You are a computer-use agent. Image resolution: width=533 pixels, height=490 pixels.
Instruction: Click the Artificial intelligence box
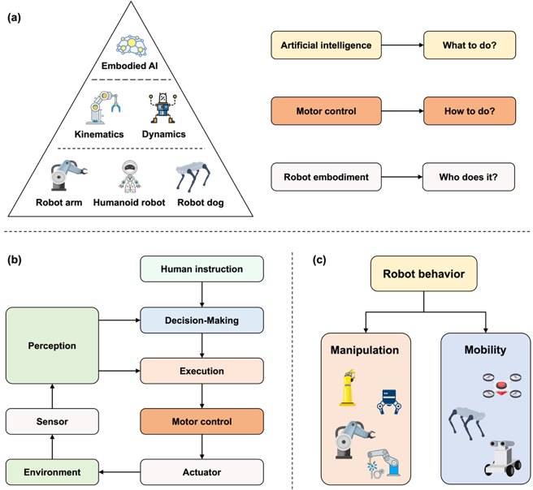(x=326, y=45)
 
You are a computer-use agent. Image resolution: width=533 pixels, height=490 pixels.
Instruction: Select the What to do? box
(x=470, y=45)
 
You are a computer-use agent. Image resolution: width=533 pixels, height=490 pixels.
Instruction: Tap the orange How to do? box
(x=470, y=111)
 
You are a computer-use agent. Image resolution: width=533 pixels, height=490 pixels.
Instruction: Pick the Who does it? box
(x=469, y=177)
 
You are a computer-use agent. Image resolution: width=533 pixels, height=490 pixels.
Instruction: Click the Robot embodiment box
(x=326, y=177)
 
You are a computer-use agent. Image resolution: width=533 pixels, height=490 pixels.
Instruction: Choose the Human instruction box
(x=201, y=269)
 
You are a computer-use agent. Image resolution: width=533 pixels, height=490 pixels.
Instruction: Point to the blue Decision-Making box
(x=201, y=320)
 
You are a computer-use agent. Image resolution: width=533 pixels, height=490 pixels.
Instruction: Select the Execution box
(x=201, y=371)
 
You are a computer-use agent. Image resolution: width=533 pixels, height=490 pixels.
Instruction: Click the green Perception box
(x=52, y=346)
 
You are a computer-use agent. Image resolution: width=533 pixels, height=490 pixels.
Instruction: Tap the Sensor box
(x=52, y=422)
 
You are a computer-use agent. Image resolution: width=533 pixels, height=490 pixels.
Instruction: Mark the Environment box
(x=52, y=472)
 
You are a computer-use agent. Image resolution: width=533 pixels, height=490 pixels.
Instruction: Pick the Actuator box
(x=201, y=472)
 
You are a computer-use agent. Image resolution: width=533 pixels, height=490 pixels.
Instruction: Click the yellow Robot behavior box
(x=423, y=274)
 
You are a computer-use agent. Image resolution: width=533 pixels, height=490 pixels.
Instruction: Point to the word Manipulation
(x=365, y=350)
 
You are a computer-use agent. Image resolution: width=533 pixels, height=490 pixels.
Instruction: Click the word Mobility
(x=485, y=350)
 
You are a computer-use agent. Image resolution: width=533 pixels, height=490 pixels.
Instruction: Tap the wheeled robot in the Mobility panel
(x=500, y=458)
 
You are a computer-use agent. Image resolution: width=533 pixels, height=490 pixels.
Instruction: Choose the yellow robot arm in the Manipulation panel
(x=348, y=388)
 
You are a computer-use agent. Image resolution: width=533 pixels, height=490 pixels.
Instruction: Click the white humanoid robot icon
(x=128, y=176)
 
